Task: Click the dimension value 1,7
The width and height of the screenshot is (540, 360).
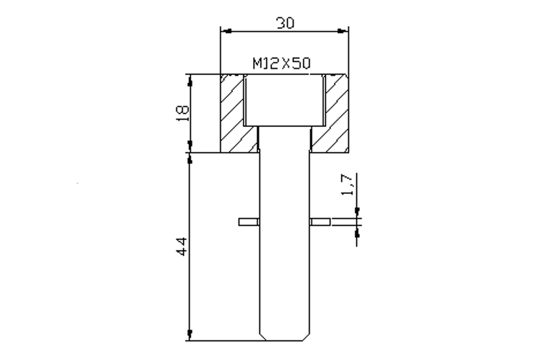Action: [x=346, y=185]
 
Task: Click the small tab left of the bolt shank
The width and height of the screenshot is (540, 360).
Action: [x=248, y=222]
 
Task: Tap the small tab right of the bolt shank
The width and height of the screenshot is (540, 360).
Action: [x=319, y=222]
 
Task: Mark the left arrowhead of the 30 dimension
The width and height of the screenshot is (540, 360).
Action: [x=226, y=30]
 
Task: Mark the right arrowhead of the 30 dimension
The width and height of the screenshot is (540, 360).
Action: [x=344, y=30]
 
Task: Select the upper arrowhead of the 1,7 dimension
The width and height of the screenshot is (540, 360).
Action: [x=356, y=213]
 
